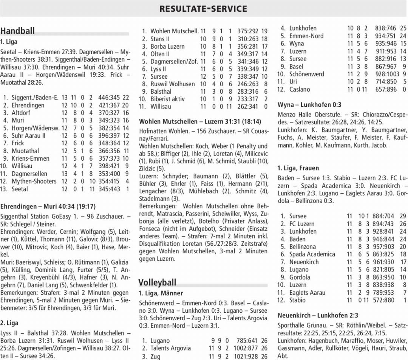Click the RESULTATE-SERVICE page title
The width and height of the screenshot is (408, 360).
(203, 8)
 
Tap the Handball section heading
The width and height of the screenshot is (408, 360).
(18, 31)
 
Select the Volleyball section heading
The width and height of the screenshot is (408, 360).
(157, 282)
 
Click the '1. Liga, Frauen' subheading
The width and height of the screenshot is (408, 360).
(293, 168)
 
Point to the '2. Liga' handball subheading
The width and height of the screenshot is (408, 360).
(9, 323)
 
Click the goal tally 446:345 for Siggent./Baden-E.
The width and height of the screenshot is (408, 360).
(111, 98)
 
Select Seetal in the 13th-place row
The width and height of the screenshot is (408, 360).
(20, 189)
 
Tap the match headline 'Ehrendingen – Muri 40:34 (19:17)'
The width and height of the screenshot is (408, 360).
(48, 206)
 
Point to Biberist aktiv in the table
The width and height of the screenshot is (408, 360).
(167, 99)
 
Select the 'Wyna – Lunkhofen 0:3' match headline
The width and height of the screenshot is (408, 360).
(309, 105)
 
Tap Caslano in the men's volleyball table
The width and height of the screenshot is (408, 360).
(300, 89)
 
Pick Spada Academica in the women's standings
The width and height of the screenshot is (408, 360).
(307, 254)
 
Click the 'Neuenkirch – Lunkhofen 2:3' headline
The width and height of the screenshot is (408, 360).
(318, 315)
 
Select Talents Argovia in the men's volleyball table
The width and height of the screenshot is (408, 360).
(170, 348)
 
